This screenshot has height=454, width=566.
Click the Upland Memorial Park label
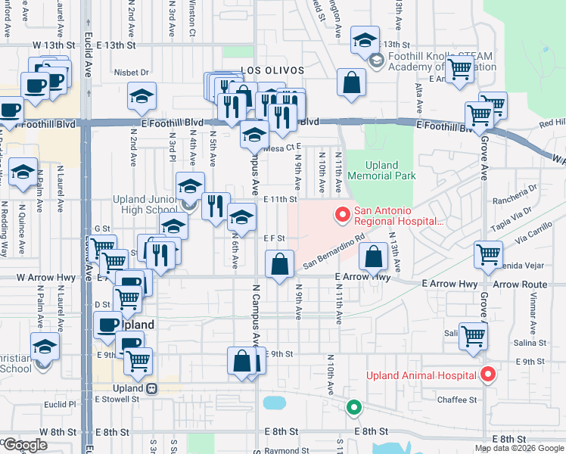coord(381,170)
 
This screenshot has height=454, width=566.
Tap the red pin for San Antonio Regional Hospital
coord(341,216)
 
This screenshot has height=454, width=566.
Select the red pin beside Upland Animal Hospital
coord(488,375)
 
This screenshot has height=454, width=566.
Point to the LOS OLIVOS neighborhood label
coord(272,70)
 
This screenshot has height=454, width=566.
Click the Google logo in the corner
coord(25,444)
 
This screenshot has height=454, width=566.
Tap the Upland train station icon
coord(152,388)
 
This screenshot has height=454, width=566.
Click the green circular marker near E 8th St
coord(353,408)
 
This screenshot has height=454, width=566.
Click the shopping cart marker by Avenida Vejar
coord(489,253)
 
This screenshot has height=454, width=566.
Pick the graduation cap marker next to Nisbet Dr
coord(141,95)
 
